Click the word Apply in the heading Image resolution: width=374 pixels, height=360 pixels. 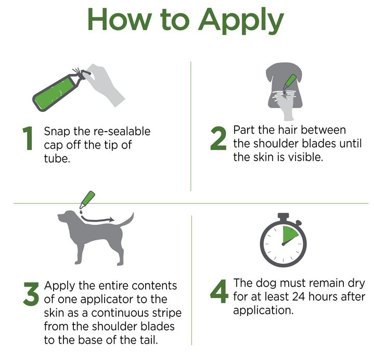click(241, 21)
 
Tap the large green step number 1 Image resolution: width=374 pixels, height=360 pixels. click(29, 138)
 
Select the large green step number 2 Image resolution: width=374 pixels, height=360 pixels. click(218, 138)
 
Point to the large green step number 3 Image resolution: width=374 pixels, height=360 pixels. click(31, 294)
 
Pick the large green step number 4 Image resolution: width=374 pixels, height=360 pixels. click(219, 291)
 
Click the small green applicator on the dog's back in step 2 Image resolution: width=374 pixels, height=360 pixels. click(290, 81)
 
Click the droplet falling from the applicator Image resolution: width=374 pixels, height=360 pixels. click(82, 212)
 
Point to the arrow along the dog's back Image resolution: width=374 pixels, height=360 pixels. click(97, 220)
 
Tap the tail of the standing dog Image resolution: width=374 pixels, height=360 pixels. click(126, 220)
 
